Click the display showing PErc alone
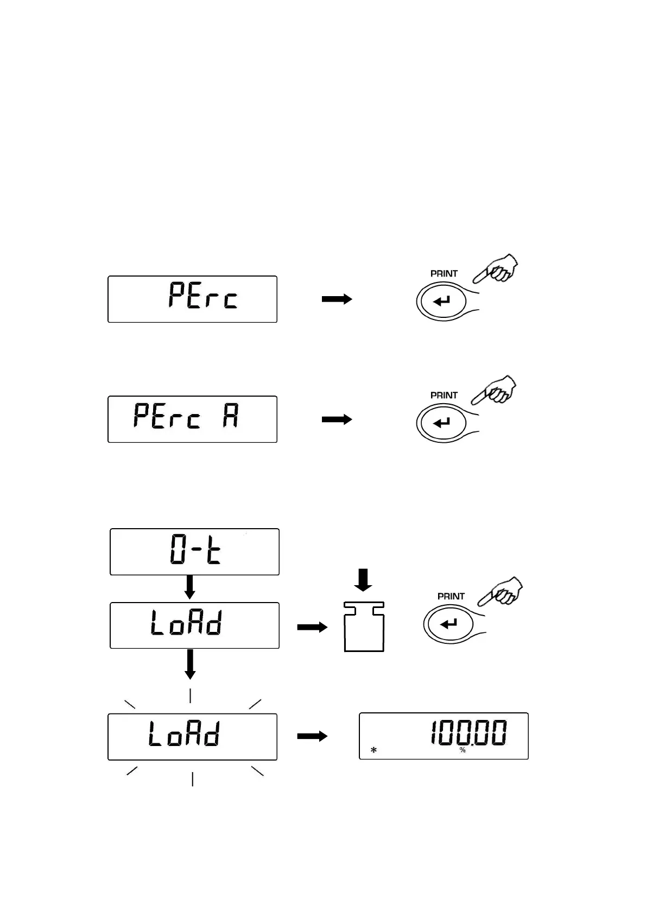192,299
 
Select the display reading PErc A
192,419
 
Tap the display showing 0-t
194,551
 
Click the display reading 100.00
444,736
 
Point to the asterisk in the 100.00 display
373,750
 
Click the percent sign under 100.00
463,750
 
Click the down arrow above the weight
363,580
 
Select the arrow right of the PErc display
337,299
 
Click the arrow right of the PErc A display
337,419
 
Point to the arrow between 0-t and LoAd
190,587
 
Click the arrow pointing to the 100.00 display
312,736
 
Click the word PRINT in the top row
444,274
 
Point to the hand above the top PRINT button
497,268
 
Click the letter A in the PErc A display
231,417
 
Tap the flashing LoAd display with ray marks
192,736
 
